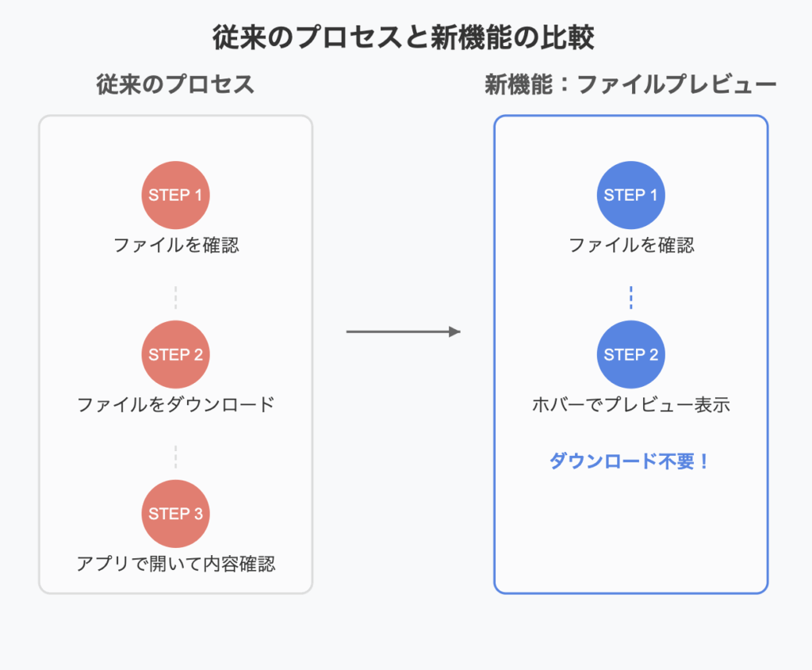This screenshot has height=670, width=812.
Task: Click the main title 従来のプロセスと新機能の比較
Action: click(404, 38)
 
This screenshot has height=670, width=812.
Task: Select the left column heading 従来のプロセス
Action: click(175, 84)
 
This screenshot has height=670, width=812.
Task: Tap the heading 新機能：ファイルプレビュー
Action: click(630, 84)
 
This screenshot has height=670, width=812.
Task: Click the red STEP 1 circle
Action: click(175, 195)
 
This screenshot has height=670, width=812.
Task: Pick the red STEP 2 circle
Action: click(175, 354)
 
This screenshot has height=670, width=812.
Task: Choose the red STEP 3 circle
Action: click(175, 514)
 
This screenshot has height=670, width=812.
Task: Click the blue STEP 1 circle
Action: click(630, 195)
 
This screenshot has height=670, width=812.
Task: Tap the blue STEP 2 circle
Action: click(630, 354)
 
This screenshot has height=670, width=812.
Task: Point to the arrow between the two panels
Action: click(404, 331)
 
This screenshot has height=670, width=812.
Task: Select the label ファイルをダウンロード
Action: click(175, 404)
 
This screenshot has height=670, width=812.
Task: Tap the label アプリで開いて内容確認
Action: click(175, 563)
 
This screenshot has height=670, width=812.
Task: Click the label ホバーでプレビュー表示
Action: click(630, 404)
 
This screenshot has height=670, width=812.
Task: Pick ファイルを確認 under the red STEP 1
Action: click(176, 245)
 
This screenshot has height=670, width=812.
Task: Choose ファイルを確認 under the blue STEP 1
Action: click(631, 245)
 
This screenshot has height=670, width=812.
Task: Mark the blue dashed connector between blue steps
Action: click(630, 297)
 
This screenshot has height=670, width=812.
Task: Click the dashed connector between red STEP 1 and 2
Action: click(175, 297)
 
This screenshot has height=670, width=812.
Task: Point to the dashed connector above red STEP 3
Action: click(175, 457)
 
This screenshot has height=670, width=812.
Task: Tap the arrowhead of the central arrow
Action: click(454, 331)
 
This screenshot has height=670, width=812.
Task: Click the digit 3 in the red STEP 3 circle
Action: click(198, 514)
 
